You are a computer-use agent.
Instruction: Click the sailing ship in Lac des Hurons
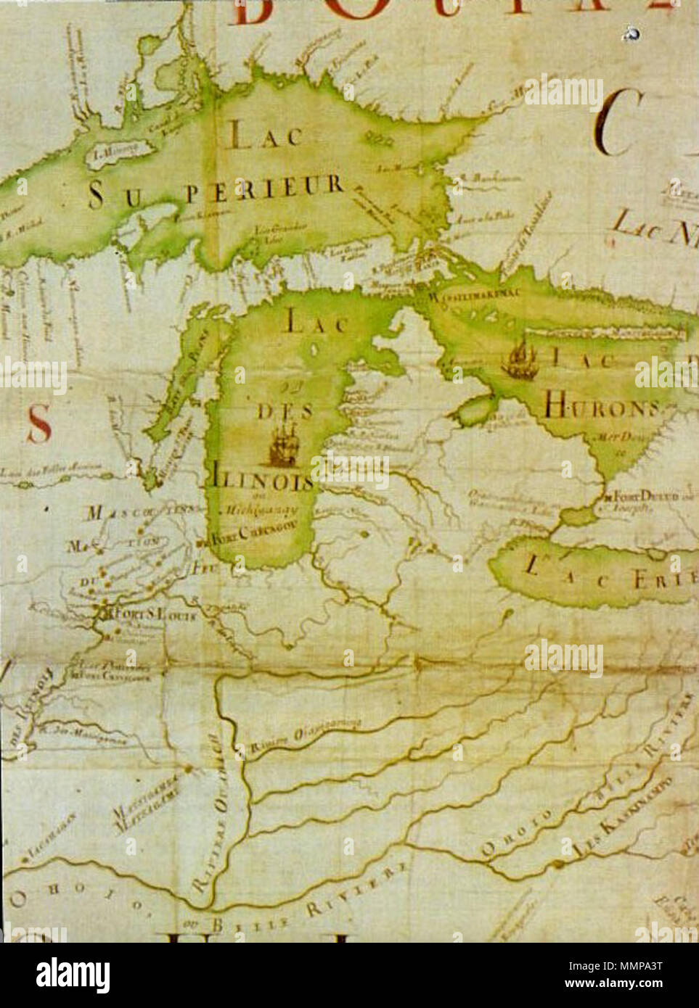[521, 360]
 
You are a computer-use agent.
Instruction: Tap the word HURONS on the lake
[599, 408]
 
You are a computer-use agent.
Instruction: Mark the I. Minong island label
[109, 152]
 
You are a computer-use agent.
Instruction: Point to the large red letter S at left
[38, 424]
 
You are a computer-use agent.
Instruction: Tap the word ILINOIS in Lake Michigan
[263, 482]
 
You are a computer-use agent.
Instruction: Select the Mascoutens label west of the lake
[142, 513]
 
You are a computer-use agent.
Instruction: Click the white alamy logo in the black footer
[73, 975]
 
